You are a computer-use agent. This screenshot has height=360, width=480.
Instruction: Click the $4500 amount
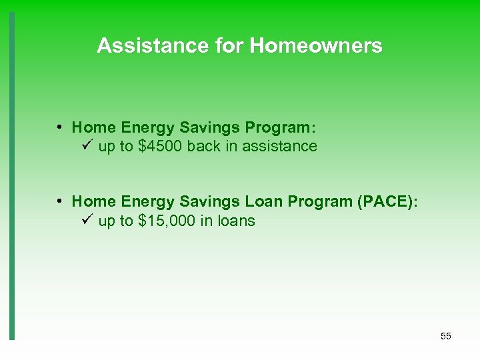[161, 146]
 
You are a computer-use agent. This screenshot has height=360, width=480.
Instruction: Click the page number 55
[446, 336]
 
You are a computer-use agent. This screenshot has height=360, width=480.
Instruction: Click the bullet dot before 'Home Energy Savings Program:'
[60, 127]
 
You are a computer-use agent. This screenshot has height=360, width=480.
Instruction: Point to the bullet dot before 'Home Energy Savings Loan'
[60, 201]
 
